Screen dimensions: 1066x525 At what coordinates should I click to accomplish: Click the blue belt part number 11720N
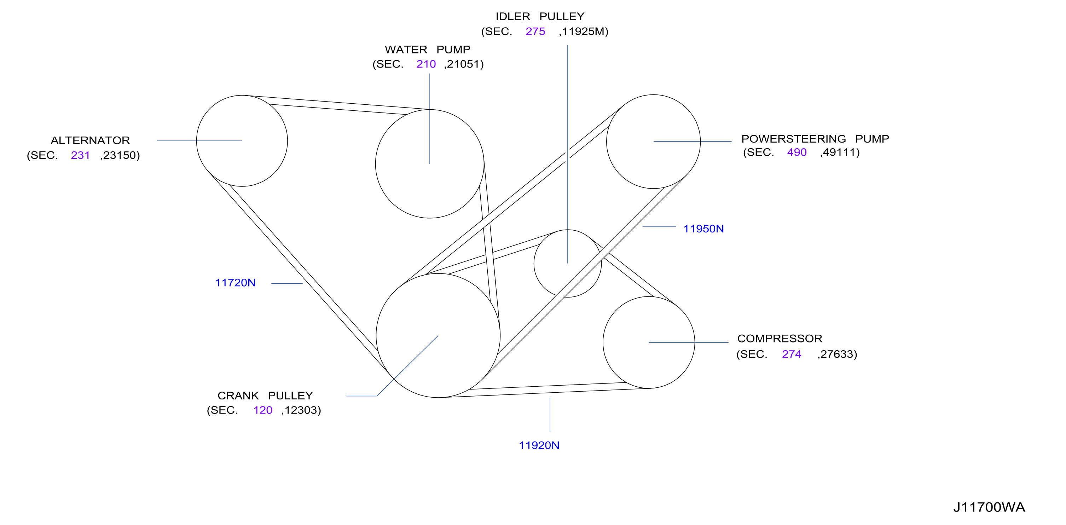click(235, 283)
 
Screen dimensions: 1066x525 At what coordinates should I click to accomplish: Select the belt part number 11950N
click(703, 229)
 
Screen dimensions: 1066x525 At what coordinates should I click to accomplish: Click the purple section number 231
click(80, 155)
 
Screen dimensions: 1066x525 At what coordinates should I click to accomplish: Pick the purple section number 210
click(426, 64)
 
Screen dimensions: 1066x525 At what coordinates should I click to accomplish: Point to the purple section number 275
click(535, 31)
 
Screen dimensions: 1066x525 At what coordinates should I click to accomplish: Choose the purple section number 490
click(797, 152)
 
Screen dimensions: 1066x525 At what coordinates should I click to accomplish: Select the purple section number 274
click(792, 354)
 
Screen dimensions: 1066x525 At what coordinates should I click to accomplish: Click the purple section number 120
click(263, 410)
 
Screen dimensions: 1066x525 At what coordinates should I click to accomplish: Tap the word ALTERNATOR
click(90, 140)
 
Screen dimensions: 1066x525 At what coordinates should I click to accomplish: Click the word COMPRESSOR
click(780, 339)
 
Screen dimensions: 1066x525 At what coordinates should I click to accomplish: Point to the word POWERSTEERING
click(794, 139)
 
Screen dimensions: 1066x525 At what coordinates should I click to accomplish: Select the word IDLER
click(513, 17)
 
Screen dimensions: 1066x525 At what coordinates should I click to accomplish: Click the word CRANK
click(238, 396)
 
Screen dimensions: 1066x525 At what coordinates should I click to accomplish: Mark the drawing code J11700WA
click(989, 507)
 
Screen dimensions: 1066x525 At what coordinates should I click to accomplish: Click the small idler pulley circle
click(534, 263)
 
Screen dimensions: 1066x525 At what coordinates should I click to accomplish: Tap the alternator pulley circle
click(197, 141)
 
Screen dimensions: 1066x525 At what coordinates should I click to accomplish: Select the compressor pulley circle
click(603, 342)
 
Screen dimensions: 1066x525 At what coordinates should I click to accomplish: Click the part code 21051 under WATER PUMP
click(464, 64)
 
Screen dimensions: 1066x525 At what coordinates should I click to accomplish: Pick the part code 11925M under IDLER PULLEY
click(584, 31)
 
